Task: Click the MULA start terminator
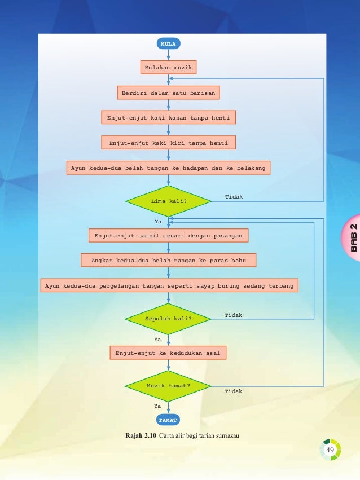coord(168,43)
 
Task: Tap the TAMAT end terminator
coord(168,420)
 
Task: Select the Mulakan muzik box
coord(168,68)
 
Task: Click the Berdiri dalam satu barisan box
coord(168,92)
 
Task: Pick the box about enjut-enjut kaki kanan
coord(168,118)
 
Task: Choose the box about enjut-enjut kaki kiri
coord(168,143)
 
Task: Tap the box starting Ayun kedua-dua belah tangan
coord(168,168)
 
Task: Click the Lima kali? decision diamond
coord(168,201)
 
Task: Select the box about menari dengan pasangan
coord(168,235)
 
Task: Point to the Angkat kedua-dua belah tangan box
coord(168,260)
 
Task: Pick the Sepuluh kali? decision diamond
coord(168,319)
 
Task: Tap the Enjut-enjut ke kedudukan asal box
coord(168,353)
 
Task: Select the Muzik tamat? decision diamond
coord(168,386)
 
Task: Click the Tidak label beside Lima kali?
coord(234,196)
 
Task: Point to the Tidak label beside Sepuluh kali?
coord(233,315)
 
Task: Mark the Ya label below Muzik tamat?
coord(158,406)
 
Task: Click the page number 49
coord(330,450)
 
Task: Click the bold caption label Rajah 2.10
coord(141,436)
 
